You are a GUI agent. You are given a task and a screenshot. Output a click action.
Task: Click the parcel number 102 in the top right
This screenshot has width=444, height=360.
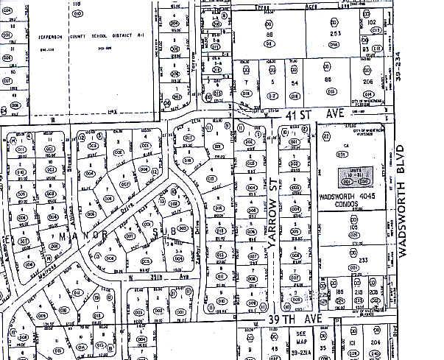tap(372, 22)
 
